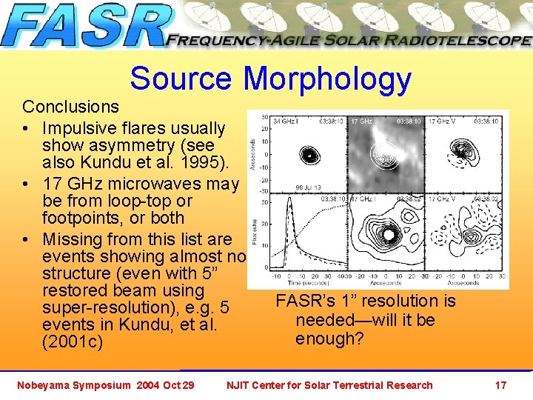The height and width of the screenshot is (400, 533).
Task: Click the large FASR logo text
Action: pos(85,27)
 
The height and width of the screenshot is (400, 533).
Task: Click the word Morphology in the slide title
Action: pos(327,79)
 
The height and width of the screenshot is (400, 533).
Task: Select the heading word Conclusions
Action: pos(70,107)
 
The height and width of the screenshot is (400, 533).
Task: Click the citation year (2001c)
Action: pos(73,343)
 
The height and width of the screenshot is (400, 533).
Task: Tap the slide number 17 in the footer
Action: pos(500,385)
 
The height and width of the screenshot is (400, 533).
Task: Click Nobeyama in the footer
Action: pos(47,385)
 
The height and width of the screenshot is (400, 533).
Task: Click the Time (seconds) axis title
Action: pos(304,283)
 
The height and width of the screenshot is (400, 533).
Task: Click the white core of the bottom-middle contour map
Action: pos(386,235)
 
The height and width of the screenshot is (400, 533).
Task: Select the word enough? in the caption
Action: pos(329,339)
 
